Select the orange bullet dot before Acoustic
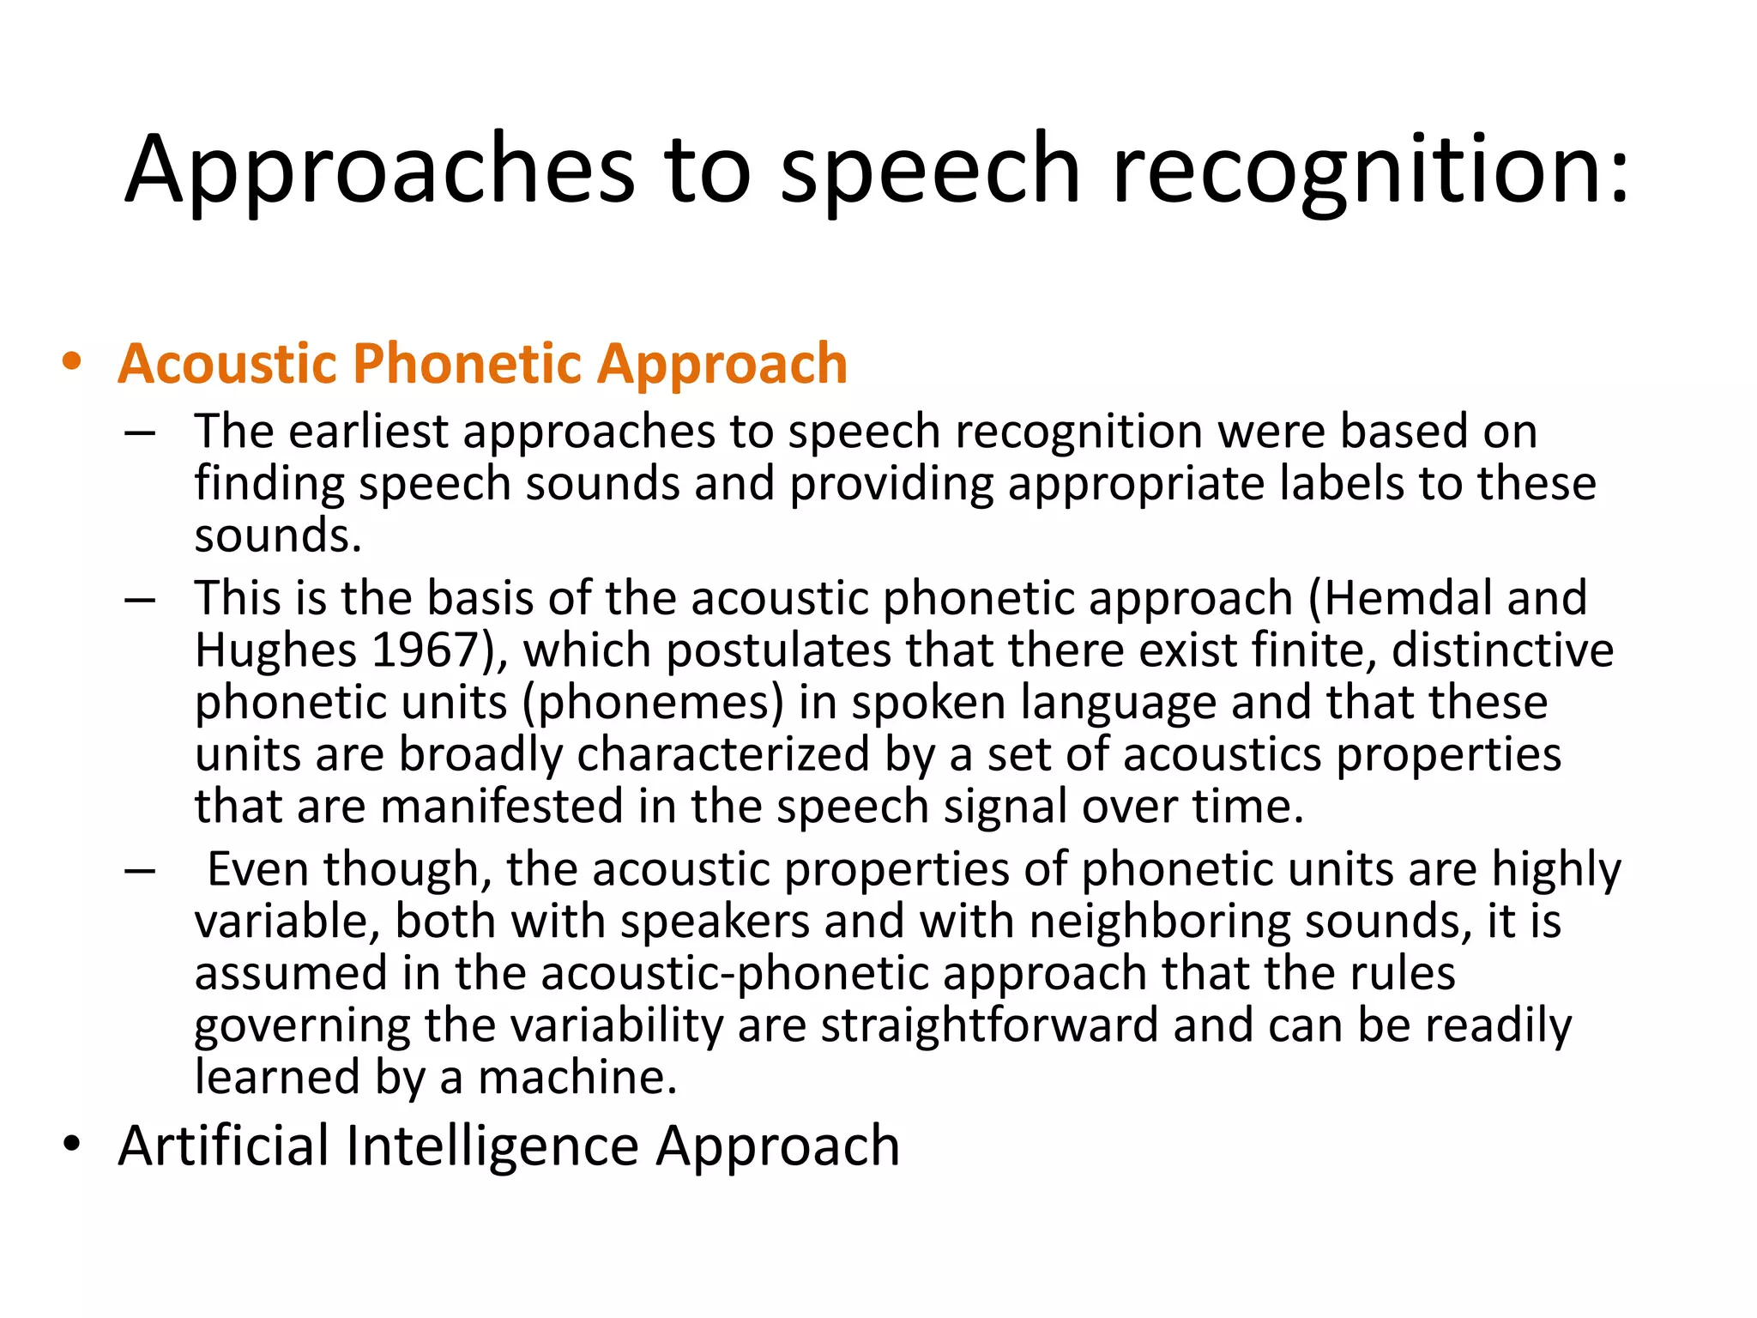coord(72,361)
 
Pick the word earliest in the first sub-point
coord(369,431)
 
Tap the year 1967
coord(425,650)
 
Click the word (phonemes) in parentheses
coord(653,703)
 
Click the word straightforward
coord(989,1025)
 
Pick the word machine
coord(577,1078)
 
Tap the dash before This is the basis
coord(139,599)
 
